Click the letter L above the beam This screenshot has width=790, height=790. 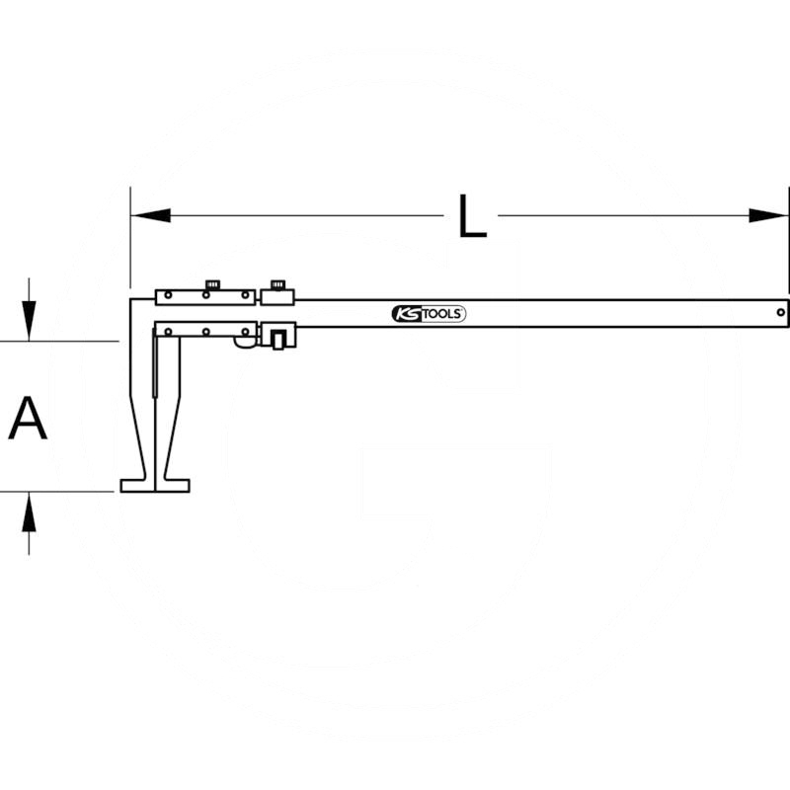click(x=473, y=216)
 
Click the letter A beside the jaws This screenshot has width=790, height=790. click(x=28, y=418)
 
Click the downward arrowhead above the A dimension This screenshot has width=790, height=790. click(x=31, y=324)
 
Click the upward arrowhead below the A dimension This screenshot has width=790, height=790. click(x=31, y=510)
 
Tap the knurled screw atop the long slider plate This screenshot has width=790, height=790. click(x=211, y=285)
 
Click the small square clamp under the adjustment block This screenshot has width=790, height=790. click(x=279, y=340)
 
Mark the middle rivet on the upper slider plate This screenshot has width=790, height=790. click(x=205, y=296)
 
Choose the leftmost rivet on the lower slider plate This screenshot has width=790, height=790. click(x=169, y=330)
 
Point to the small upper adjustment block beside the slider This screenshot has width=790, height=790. click(x=276, y=296)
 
